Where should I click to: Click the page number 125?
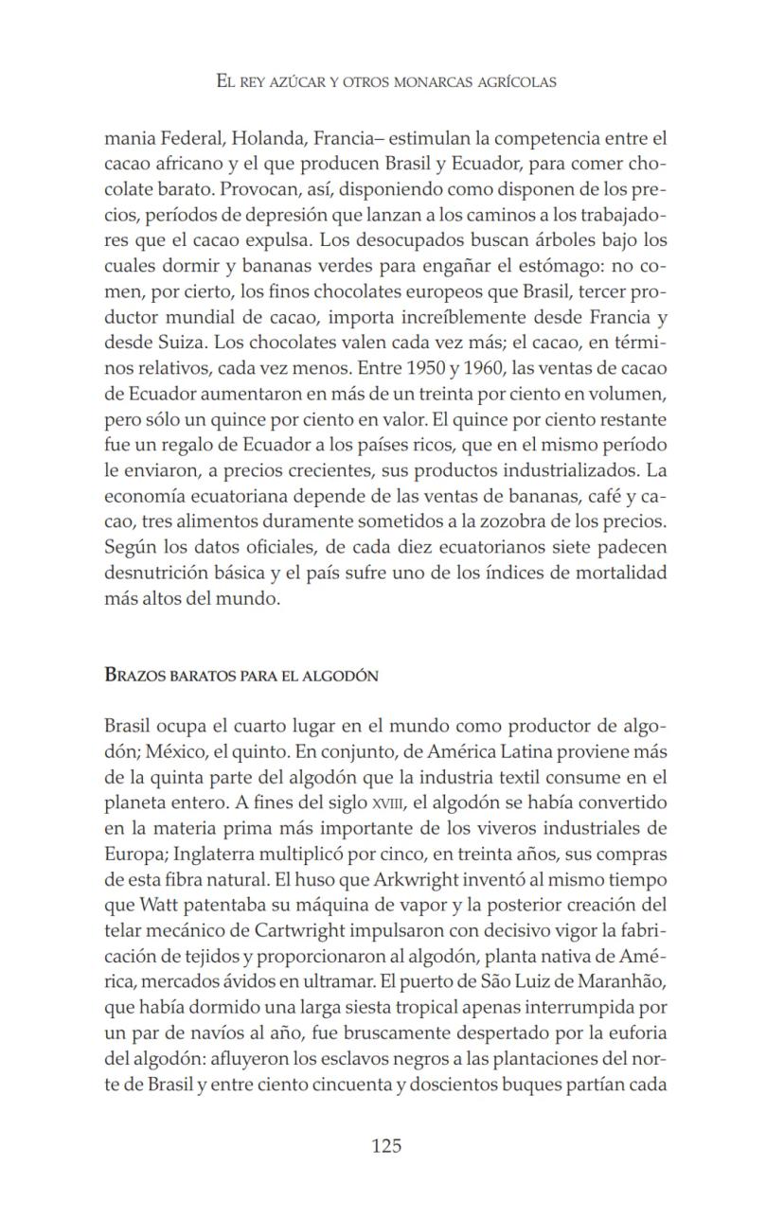pos(386,1146)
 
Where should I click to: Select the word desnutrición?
pos(153,573)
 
